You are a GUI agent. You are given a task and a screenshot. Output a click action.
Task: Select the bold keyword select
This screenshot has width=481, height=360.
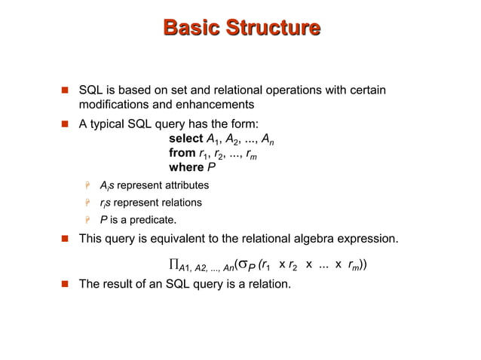point(185,139)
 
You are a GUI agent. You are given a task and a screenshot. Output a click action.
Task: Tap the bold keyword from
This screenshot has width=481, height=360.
point(182,153)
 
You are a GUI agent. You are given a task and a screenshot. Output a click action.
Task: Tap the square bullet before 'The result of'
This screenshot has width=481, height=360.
point(65,285)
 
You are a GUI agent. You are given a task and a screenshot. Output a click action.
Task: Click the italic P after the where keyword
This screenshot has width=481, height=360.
point(211,167)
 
